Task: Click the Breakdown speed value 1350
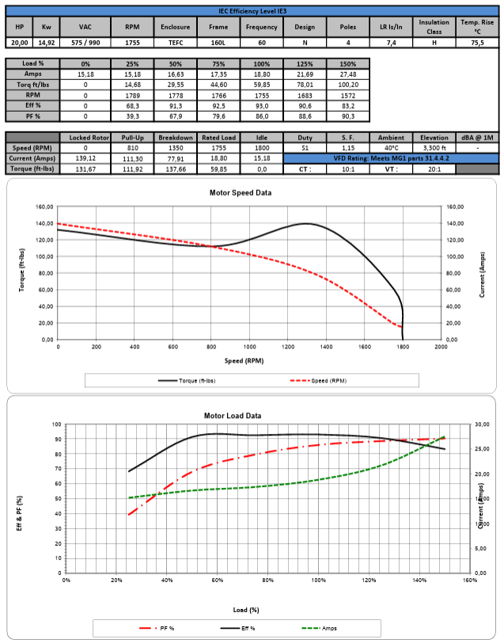pyautogui.click(x=176, y=147)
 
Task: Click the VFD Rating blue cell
pyautogui.click(x=391, y=158)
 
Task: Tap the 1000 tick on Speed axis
pyautogui.click(x=249, y=346)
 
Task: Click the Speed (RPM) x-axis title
pyautogui.click(x=249, y=360)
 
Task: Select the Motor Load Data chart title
pyautogui.click(x=254, y=415)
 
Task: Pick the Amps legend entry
pyautogui.click(x=324, y=628)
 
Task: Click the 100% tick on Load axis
pyautogui.click(x=318, y=580)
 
